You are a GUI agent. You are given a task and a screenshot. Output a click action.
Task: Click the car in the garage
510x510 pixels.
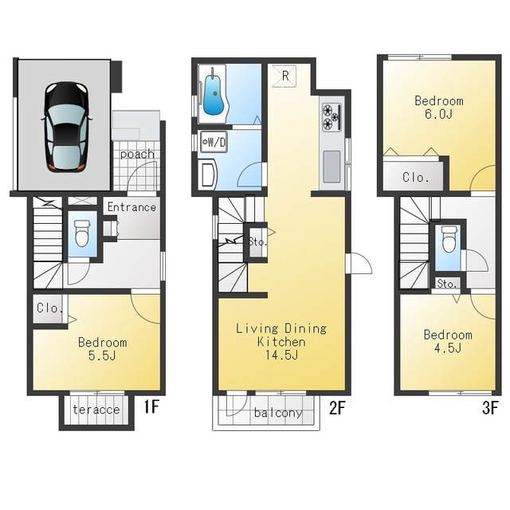(66, 127)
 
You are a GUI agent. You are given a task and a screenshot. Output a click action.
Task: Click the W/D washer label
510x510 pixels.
(214, 142)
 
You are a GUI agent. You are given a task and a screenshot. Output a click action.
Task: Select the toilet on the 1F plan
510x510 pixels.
(82, 233)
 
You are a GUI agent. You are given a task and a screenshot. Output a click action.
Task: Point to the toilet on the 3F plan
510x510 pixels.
(449, 239)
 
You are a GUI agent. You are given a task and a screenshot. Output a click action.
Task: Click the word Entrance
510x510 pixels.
(131, 207)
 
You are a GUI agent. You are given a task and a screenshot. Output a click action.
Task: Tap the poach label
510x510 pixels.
(137, 154)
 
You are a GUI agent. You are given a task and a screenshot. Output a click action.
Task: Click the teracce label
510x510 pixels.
(96, 410)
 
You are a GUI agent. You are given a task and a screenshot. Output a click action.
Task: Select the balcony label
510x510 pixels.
(278, 413)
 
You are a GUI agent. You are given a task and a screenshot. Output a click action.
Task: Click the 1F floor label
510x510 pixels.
(151, 406)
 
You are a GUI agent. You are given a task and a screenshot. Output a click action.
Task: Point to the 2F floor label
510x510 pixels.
(336, 408)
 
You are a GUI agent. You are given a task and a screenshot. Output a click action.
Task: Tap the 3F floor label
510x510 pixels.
(491, 408)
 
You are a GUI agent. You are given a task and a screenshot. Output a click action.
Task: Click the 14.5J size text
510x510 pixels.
(281, 355)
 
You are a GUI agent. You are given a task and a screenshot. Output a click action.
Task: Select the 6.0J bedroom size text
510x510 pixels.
(439, 114)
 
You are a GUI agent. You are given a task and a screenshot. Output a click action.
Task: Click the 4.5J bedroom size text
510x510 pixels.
(448, 348)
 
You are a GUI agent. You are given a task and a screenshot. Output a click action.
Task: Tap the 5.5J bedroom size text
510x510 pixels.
(102, 356)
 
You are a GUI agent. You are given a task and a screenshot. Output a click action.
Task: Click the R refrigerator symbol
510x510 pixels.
(284, 76)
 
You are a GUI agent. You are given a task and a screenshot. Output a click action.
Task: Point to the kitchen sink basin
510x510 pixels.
(331, 167)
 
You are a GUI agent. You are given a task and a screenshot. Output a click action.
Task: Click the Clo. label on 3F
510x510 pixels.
(414, 178)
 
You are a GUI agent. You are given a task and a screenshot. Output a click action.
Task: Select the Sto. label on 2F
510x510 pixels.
(257, 242)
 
